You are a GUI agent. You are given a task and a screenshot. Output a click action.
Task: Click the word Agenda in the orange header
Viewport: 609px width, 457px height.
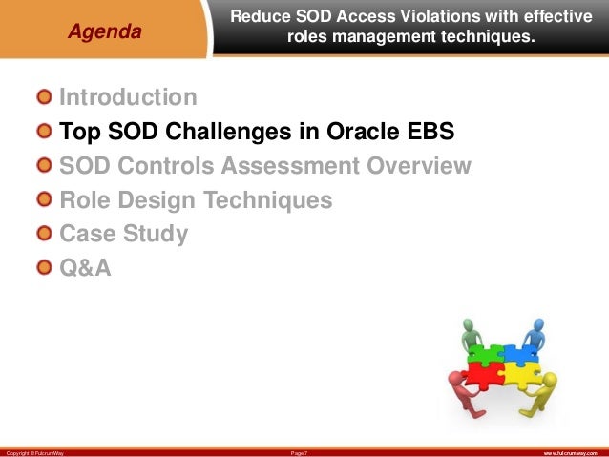(x=104, y=31)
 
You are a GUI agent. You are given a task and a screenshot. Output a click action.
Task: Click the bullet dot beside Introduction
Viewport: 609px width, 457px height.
(x=44, y=96)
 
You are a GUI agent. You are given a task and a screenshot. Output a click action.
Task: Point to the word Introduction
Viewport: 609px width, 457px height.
(x=128, y=96)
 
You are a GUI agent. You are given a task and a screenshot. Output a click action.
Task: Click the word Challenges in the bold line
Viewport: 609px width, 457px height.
(x=229, y=131)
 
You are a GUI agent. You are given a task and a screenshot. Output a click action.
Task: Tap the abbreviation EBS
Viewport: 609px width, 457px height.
(x=430, y=131)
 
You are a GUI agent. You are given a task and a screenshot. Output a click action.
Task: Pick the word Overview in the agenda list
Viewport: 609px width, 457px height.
(x=419, y=165)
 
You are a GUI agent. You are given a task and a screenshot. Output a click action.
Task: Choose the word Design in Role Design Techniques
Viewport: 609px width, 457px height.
(x=157, y=199)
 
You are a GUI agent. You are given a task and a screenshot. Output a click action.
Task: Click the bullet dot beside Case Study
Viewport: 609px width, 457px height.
(x=44, y=234)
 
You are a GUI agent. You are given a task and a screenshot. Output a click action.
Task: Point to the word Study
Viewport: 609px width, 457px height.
(x=156, y=234)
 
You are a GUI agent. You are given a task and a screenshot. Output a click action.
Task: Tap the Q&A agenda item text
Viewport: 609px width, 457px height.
(x=85, y=267)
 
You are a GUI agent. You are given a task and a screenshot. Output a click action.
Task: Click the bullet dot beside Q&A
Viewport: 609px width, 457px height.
(x=44, y=267)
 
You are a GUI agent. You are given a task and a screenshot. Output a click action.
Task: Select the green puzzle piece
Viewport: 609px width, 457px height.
(x=486, y=354)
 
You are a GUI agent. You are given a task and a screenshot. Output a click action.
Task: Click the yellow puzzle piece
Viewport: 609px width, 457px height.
(x=520, y=375)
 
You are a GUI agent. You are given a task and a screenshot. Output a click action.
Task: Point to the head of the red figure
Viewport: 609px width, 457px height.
(x=453, y=378)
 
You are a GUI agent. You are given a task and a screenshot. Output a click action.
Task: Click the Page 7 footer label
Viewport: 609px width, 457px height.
(x=299, y=453)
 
